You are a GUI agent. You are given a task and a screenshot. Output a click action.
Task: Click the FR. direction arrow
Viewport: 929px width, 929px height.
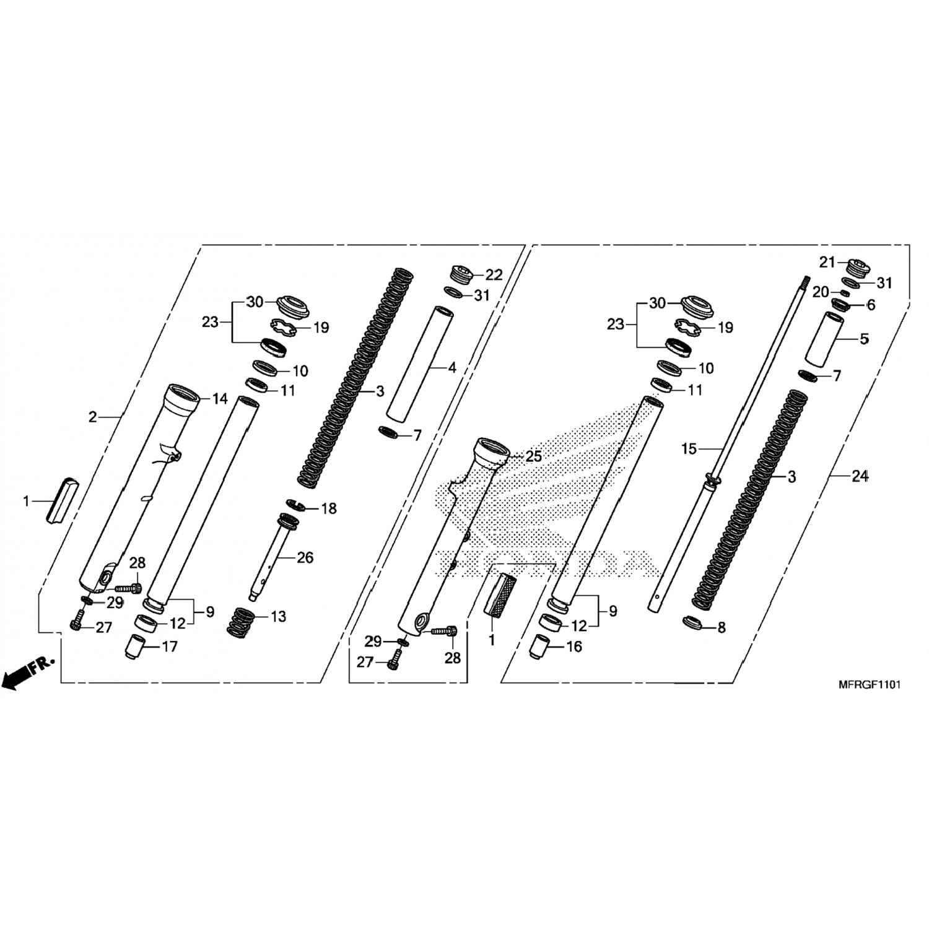pos(29,671)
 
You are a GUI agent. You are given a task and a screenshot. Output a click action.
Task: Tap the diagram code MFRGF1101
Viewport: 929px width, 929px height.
pos(869,685)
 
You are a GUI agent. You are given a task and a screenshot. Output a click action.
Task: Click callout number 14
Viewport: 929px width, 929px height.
pos(220,399)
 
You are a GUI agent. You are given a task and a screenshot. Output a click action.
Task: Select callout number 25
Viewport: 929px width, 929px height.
pos(533,456)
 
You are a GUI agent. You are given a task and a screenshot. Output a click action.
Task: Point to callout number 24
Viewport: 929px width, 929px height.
pos(860,476)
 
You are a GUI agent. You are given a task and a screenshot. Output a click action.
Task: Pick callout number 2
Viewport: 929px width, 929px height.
pos(93,417)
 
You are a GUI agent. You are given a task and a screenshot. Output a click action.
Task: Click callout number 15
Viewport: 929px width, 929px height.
pos(689,448)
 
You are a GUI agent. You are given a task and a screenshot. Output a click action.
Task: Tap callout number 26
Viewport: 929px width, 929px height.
pos(305,557)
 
